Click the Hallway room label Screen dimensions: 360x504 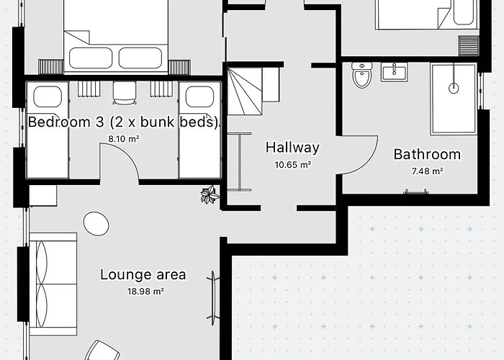click(x=292, y=148)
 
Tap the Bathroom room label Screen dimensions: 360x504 click(x=427, y=154)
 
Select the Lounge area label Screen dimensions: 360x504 click(x=143, y=274)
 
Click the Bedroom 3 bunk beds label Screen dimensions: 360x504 click(x=123, y=122)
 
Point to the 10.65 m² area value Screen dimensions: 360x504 click(x=292, y=165)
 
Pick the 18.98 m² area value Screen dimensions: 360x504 click(x=143, y=292)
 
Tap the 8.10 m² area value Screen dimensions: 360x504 click(x=123, y=139)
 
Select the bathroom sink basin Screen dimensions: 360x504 click(x=395, y=73)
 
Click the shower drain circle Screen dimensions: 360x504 click(x=454, y=89)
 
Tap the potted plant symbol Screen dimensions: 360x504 click(x=210, y=194)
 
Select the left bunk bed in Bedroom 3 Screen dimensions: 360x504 click(x=48, y=130)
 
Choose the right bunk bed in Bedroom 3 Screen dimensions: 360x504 click(x=199, y=130)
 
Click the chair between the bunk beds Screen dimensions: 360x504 click(x=124, y=91)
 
